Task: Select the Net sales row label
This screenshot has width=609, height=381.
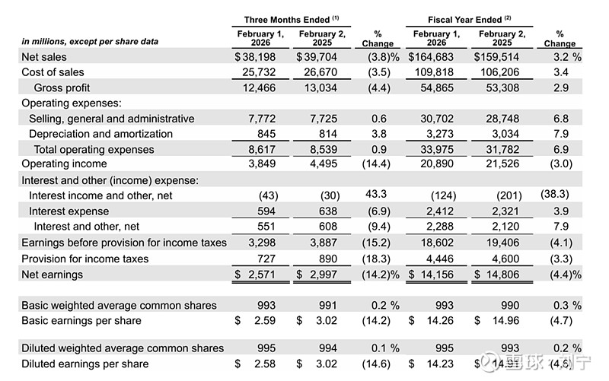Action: [x=44, y=56]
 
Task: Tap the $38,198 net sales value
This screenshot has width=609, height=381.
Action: [x=258, y=56]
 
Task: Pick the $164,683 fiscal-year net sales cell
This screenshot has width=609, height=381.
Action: [x=435, y=56]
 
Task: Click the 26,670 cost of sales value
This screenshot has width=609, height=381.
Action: [x=316, y=71]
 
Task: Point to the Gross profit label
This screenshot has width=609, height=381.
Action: [x=62, y=87]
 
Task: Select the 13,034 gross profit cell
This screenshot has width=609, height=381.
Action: [x=316, y=87]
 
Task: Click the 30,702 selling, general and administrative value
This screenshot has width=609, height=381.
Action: [x=437, y=119]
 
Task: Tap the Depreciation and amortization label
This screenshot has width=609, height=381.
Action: [x=100, y=134]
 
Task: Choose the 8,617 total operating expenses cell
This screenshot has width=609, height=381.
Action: [x=262, y=150]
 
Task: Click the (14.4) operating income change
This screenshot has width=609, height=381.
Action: [x=378, y=164]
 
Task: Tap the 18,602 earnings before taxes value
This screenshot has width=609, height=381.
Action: [x=437, y=243]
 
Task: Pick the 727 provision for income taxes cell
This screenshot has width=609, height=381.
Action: [x=266, y=259]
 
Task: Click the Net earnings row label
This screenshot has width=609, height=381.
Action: [x=52, y=274]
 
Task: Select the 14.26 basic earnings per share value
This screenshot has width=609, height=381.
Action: [x=442, y=321]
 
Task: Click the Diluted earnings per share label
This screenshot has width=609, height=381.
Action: [x=85, y=364]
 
